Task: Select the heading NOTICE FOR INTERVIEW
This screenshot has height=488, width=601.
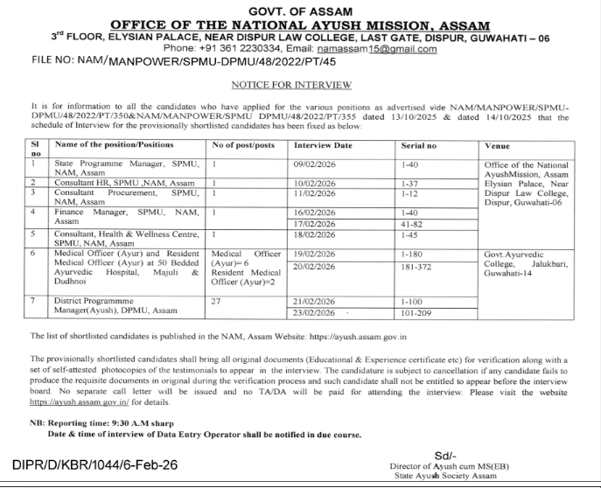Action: coord(290,85)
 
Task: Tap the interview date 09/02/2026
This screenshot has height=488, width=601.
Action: coord(315,164)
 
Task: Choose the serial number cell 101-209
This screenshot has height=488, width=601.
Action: coord(412,313)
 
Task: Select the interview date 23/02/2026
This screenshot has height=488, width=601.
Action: coord(316,313)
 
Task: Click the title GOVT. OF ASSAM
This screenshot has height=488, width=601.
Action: coord(300,10)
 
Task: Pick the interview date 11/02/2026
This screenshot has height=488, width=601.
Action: coord(315,193)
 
